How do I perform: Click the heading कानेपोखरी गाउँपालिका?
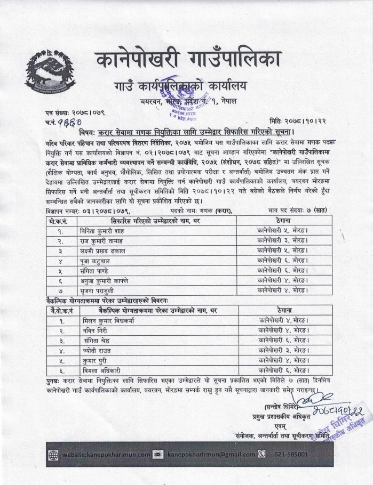pyautogui.click(x=187, y=59)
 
